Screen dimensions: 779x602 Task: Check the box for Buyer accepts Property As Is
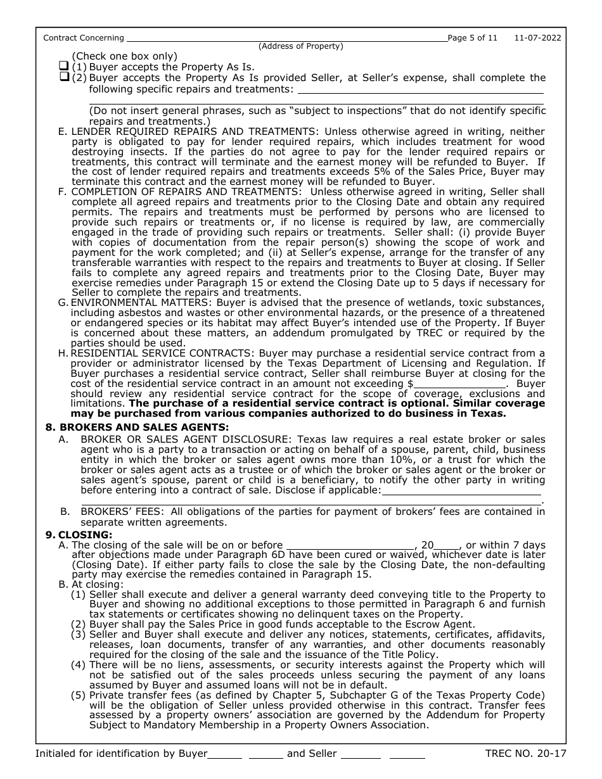coord(63,66)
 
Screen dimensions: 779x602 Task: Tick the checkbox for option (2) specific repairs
coord(63,77)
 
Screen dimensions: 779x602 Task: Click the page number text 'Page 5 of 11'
coord(472,38)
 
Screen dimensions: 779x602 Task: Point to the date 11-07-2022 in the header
coord(538,38)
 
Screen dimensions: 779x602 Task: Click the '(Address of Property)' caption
coord(300,46)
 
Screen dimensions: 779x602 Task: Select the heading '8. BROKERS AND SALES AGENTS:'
coord(137,427)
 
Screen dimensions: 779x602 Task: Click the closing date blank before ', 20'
coord(350,545)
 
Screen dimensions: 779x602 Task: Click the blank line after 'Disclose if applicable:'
coord(462,490)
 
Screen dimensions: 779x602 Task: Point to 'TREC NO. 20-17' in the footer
coord(525,754)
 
